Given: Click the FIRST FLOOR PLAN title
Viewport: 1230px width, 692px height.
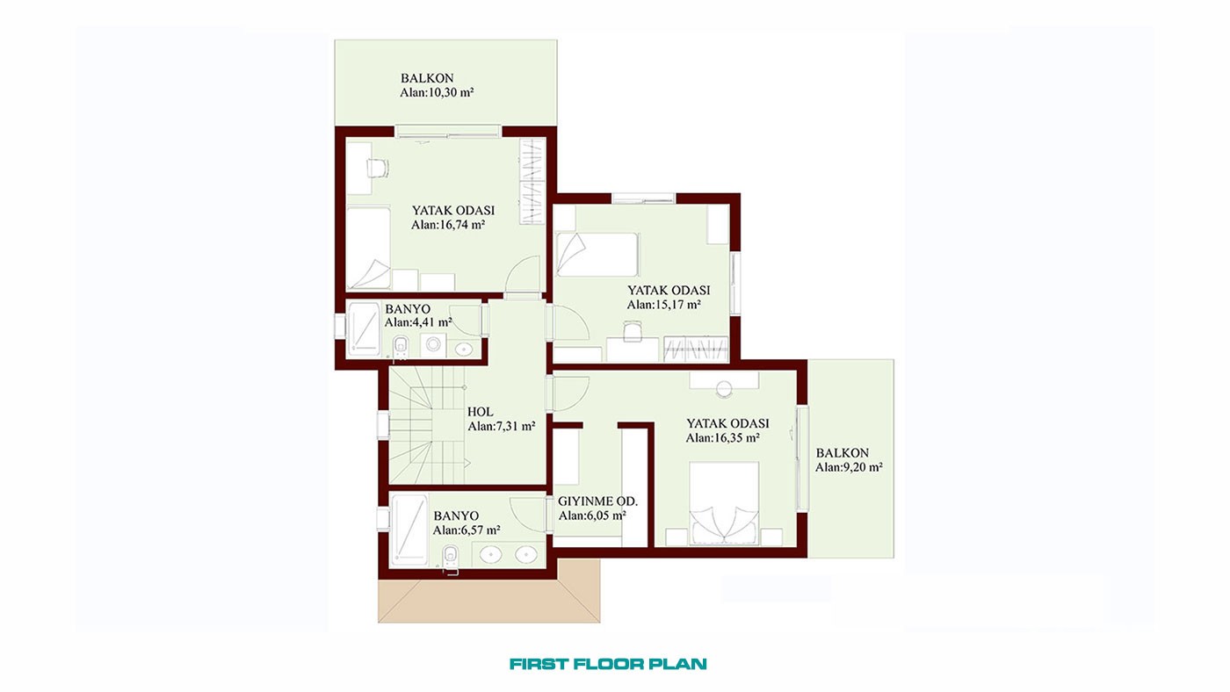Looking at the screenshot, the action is pyautogui.click(x=608, y=664).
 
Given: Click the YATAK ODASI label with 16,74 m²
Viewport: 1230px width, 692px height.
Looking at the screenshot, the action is pyautogui.click(x=453, y=210).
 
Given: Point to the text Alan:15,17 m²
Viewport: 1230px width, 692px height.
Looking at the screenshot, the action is pyautogui.click(x=664, y=305).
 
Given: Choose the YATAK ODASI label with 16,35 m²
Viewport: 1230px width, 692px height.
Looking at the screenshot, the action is pyautogui.click(x=727, y=423).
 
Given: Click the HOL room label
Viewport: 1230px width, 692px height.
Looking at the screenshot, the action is pyautogui.click(x=480, y=412).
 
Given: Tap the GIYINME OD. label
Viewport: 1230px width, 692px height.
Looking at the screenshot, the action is pyautogui.click(x=597, y=501).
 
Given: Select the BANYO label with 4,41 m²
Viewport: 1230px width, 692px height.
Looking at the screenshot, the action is pyautogui.click(x=408, y=309).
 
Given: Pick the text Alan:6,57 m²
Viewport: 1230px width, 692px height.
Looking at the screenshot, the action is pyautogui.click(x=467, y=530).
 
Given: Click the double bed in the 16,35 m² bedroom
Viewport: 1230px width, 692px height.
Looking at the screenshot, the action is pyautogui.click(x=724, y=504).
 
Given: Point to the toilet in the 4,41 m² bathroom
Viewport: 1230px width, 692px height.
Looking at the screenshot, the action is pyautogui.click(x=401, y=346).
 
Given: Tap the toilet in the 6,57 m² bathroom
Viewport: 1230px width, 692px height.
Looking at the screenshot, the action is pyautogui.click(x=450, y=558).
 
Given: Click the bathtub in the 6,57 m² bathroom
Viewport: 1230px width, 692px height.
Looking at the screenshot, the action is pyautogui.click(x=409, y=530).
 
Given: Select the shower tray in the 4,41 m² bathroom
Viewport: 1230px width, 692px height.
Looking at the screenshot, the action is pyautogui.click(x=364, y=328).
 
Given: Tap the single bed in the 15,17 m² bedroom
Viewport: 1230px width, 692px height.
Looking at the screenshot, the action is pyautogui.click(x=597, y=254).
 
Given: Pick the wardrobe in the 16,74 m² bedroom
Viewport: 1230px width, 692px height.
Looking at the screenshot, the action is pyautogui.click(x=532, y=182).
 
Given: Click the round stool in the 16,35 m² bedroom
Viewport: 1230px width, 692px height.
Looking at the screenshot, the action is pyautogui.click(x=724, y=389).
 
